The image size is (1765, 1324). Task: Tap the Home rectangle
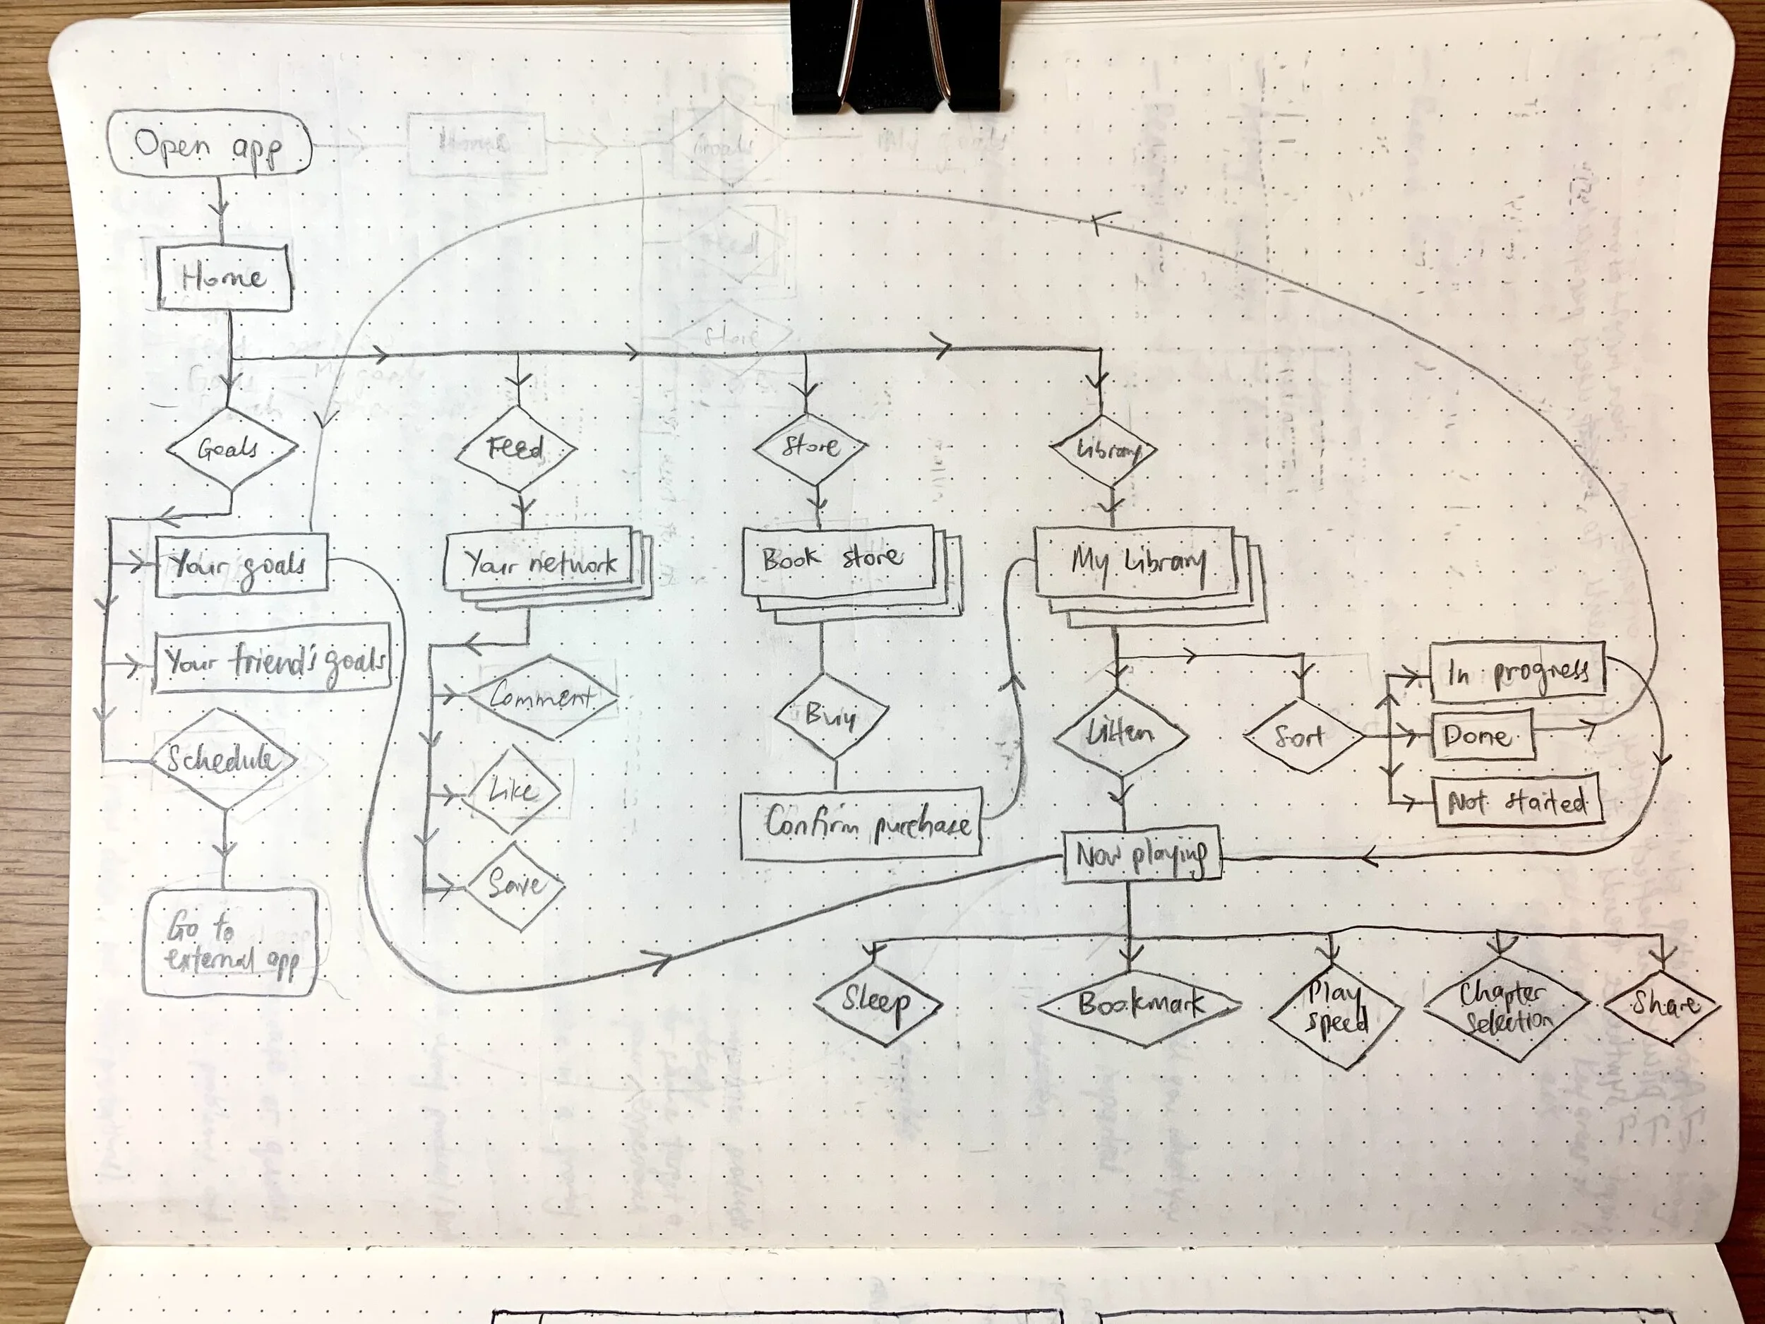click(223, 277)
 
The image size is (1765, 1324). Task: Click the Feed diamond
click(516, 448)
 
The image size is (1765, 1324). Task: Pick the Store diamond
click(810, 447)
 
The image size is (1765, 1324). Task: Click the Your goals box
click(241, 565)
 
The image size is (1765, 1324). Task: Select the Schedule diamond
click(223, 759)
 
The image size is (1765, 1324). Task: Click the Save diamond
click(515, 884)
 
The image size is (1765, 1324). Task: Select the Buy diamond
click(832, 715)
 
